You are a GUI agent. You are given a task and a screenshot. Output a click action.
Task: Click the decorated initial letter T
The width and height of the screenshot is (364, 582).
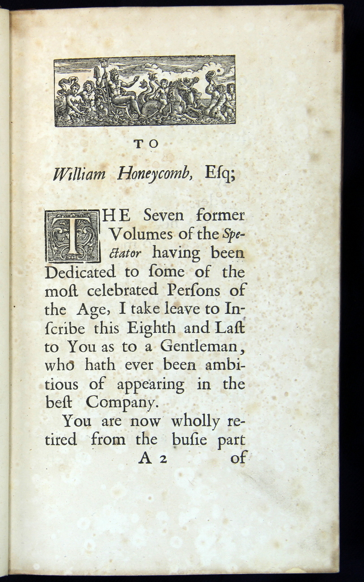coord(73,236)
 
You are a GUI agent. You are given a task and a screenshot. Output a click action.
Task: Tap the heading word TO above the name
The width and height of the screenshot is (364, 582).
coord(146,144)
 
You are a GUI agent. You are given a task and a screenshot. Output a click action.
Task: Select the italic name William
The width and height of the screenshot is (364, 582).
coord(79,174)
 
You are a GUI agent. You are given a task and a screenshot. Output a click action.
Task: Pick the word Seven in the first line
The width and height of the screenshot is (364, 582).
coord(163,215)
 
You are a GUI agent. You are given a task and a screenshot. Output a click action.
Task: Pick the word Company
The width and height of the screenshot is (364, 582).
coord(122,403)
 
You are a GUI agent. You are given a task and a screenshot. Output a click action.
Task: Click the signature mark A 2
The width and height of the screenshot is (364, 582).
coord(152,459)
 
